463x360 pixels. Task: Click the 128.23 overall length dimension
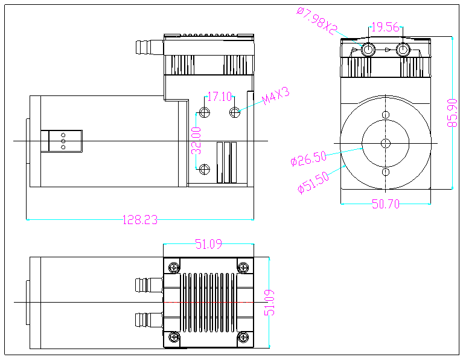coord(140,220)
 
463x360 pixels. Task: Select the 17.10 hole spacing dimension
coord(219,96)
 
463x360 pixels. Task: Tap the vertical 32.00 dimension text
coord(196,140)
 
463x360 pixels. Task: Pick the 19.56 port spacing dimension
coord(385,27)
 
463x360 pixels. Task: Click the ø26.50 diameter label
coord(308,159)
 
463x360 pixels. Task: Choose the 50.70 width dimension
coord(386,204)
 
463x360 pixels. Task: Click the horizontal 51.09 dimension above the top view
coord(208,244)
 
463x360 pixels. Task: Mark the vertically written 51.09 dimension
coord(270,301)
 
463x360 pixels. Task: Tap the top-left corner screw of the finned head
coord(174,267)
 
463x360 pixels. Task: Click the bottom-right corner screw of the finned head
coord(243,336)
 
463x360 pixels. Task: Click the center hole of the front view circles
coord(386,143)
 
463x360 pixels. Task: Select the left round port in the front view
coord(368,49)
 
